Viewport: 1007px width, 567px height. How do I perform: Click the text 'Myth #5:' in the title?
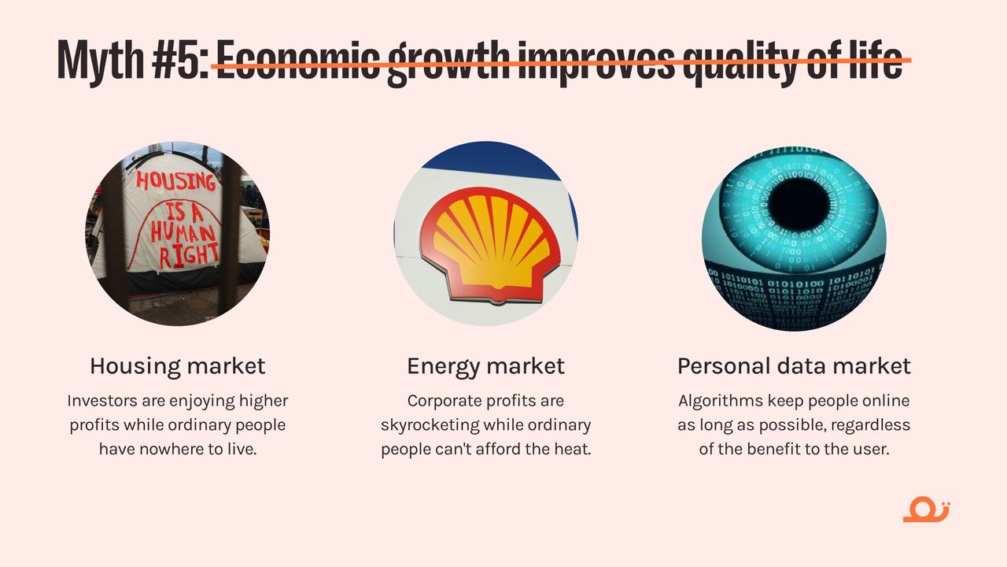click(133, 61)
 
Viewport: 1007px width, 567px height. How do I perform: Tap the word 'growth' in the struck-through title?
click(448, 63)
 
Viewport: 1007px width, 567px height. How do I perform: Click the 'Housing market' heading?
click(178, 366)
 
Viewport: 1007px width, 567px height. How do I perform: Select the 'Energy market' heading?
click(485, 367)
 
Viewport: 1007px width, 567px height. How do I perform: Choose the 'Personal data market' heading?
click(794, 366)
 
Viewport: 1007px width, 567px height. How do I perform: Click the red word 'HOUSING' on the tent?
click(175, 181)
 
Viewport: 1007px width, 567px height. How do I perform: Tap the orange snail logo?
click(927, 510)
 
